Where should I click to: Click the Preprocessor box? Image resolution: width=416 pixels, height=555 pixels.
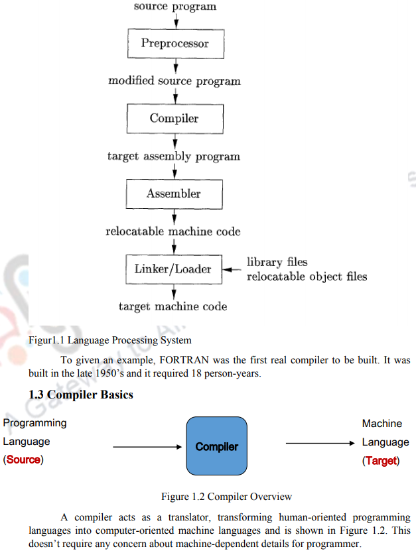(x=174, y=44)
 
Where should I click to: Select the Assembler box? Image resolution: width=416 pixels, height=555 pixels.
(x=174, y=194)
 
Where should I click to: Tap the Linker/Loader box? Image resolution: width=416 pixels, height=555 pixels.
(x=173, y=269)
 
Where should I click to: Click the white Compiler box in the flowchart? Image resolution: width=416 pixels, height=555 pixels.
(x=174, y=119)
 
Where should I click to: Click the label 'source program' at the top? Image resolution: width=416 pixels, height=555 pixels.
(x=174, y=7)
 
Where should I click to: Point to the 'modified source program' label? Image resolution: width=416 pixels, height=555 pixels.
(x=174, y=81)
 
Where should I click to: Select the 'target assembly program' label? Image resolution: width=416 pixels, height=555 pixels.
(x=174, y=156)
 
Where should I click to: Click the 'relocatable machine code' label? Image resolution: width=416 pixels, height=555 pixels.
(x=173, y=231)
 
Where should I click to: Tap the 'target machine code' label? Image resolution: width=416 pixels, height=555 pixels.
(x=173, y=306)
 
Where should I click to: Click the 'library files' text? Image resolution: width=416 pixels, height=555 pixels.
(x=277, y=262)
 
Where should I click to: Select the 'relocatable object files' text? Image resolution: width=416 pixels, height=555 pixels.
(x=307, y=276)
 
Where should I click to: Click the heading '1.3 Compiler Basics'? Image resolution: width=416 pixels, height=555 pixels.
(x=81, y=395)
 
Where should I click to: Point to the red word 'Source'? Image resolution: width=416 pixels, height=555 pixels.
(x=23, y=460)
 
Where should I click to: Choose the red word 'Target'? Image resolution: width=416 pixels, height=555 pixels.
(x=381, y=460)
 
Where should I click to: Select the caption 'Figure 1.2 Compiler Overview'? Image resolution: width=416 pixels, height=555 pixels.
(x=226, y=496)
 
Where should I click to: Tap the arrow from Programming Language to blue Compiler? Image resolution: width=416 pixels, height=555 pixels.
(x=147, y=447)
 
